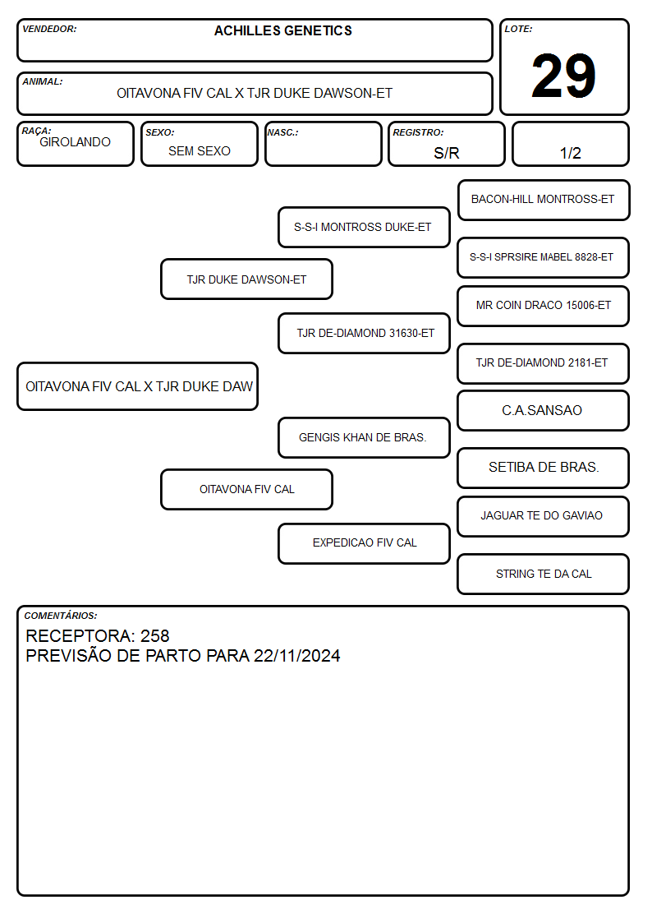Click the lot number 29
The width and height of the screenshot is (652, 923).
point(563,76)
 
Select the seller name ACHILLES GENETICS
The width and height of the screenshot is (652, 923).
point(282,30)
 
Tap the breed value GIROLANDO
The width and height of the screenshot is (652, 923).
point(75,142)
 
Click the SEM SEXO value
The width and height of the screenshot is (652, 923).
point(200,151)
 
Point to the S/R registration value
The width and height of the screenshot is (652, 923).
point(446,153)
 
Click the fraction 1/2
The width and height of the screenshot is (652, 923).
point(570,153)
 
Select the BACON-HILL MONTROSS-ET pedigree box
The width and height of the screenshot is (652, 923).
point(544,201)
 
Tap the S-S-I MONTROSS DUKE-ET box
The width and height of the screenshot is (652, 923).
point(364,227)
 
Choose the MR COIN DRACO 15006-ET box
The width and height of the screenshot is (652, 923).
point(544,306)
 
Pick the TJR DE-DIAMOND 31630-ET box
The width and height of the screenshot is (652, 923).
point(364,333)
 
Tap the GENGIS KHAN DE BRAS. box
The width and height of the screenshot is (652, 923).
point(364,437)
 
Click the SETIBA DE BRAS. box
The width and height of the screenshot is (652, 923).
point(544,468)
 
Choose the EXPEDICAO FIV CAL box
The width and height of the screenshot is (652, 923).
point(364,543)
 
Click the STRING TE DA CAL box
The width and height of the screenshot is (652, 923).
point(544,574)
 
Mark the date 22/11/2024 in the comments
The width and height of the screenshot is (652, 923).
point(297,656)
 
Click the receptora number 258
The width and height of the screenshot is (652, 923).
point(154,635)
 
